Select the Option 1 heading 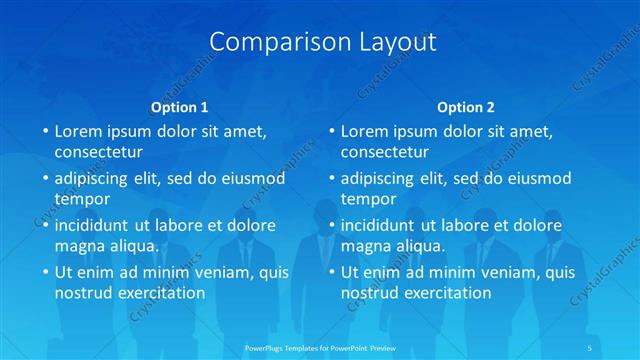(180, 106)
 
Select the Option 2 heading (466, 106)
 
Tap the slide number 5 (591, 347)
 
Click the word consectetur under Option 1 (99, 152)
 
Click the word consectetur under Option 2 (385, 152)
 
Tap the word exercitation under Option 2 (446, 293)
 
